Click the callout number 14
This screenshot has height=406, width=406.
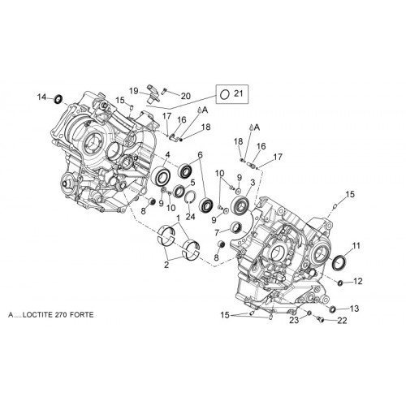[x=42, y=97]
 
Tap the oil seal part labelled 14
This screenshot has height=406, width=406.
[x=58, y=99]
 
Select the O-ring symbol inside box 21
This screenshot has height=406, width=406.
[x=224, y=94]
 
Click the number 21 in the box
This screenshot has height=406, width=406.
[x=239, y=93]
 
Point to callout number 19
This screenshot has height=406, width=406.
[x=134, y=91]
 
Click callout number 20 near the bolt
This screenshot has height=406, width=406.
[x=186, y=96]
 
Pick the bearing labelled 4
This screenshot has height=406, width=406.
[x=160, y=176]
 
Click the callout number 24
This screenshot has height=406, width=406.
[x=190, y=217]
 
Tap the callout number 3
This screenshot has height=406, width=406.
[x=253, y=183]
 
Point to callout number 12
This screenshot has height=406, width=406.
[x=358, y=281]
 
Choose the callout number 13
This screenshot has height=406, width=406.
[x=354, y=309]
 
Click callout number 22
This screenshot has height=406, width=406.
[x=342, y=321]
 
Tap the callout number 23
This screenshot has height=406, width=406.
[x=294, y=320]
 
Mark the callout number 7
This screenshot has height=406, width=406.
[x=217, y=232]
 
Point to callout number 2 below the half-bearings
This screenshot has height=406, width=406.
[x=166, y=265]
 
